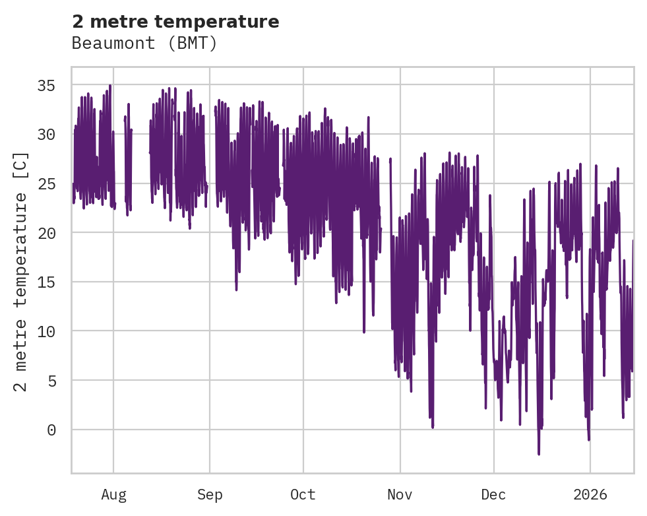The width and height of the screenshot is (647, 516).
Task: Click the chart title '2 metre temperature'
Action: coord(175,22)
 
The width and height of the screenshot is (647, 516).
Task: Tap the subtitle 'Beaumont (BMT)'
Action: coord(144,44)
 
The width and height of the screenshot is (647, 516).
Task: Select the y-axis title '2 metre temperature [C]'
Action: coord(21,271)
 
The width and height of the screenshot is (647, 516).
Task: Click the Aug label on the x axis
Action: coord(113,495)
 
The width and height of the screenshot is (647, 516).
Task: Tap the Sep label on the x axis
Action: coord(210,495)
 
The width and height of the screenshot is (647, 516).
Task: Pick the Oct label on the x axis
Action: coord(303,495)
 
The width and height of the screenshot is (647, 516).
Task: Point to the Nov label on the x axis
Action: coord(400,495)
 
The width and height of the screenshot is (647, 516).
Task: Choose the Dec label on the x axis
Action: coord(493,495)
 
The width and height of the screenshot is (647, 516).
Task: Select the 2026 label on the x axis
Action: coord(590,495)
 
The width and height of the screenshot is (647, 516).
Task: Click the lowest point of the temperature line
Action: coord(539,454)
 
